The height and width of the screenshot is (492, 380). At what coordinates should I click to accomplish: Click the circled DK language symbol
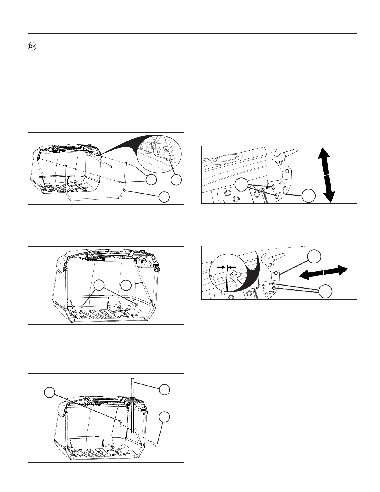(32, 47)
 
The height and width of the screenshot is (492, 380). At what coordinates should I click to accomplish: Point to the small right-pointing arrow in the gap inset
(221, 267)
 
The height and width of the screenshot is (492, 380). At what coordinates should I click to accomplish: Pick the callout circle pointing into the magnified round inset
(176, 180)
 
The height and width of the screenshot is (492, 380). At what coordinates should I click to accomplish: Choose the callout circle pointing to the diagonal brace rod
(126, 285)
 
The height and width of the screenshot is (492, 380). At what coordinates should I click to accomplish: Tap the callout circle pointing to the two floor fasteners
(99, 285)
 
